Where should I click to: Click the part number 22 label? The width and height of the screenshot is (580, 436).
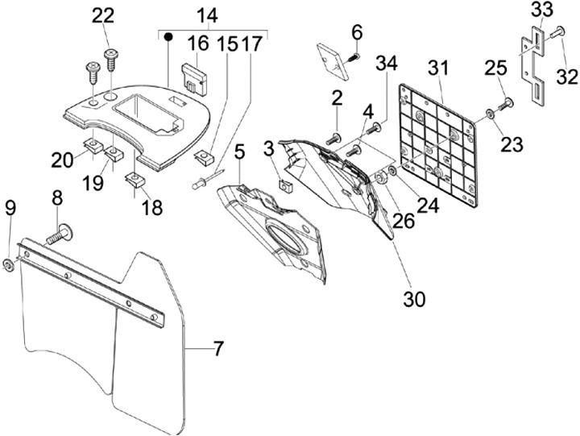(x=103, y=17)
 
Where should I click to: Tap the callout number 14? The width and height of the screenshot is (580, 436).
(x=207, y=15)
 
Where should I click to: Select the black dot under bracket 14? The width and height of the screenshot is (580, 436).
(x=168, y=36)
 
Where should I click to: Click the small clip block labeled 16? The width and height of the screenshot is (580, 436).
(x=195, y=80)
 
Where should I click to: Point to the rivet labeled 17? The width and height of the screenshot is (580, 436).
(x=209, y=179)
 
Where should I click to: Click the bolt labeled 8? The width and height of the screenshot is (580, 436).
(x=60, y=235)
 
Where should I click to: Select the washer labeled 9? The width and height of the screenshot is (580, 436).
(x=8, y=265)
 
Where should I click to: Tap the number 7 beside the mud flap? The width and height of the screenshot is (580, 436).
(x=217, y=349)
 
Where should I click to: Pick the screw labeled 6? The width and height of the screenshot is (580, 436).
(x=354, y=58)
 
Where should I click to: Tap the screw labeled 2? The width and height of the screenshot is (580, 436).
(x=333, y=139)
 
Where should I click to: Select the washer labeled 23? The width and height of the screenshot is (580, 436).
(x=488, y=114)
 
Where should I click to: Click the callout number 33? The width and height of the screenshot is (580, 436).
(x=542, y=10)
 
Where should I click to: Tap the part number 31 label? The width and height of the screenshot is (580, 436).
(x=438, y=69)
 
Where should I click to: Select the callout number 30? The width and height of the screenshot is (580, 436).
(x=414, y=299)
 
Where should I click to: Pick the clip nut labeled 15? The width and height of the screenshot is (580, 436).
(x=204, y=157)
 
